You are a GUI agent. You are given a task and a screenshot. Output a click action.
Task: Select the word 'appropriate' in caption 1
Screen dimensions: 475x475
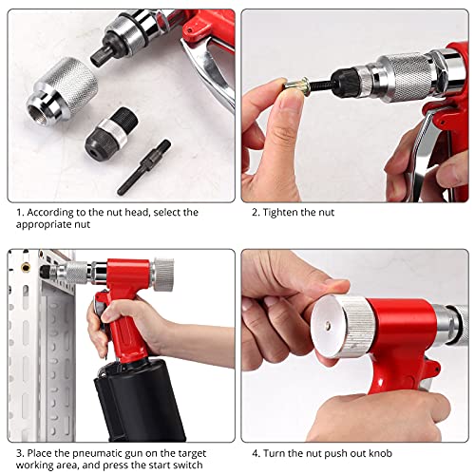48,226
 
